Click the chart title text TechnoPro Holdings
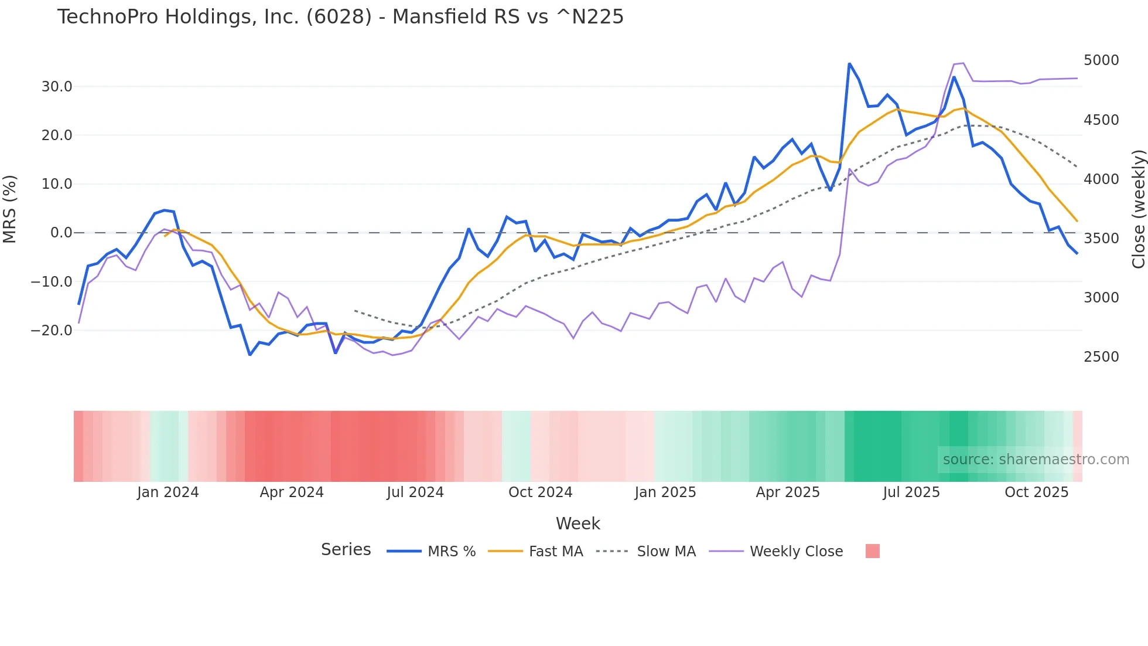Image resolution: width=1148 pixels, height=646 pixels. (340, 17)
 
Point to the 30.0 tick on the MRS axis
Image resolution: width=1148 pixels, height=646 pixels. (57, 87)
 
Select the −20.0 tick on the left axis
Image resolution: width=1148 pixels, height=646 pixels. (52, 331)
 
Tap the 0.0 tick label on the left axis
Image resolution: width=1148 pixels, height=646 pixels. (61, 233)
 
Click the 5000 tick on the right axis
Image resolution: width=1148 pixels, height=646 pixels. (1101, 60)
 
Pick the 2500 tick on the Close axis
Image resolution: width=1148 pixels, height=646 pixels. (1101, 357)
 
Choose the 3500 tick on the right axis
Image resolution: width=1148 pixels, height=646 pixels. (1101, 239)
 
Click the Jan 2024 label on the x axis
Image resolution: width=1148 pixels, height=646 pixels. (168, 492)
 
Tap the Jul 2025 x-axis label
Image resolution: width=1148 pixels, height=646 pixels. (911, 492)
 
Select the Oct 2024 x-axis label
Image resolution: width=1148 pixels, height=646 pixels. (540, 492)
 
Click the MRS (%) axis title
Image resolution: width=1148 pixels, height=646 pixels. (10, 209)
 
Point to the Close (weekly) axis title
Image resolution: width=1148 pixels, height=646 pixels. (1138, 209)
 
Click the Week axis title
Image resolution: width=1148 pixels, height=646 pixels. (578, 523)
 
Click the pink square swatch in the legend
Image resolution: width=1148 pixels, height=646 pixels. (872, 551)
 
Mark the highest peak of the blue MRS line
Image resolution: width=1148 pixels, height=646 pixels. (849, 64)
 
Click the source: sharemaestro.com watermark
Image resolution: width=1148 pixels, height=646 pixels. (1036, 460)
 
